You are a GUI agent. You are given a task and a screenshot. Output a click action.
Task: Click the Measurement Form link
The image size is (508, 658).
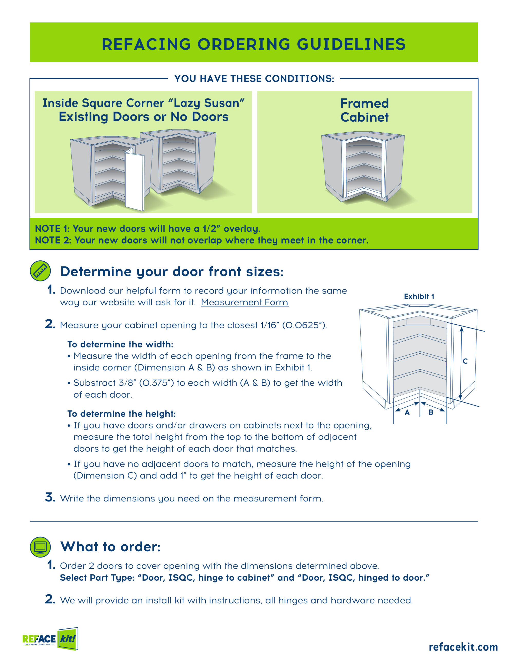click(x=244, y=302)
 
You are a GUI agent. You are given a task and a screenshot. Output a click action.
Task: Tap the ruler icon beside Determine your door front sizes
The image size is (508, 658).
click(x=40, y=271)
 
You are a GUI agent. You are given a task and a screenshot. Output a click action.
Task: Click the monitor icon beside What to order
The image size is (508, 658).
click(x=40, y=547)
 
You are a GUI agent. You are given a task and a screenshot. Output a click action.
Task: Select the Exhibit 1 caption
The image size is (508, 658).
click(x=419, y=296)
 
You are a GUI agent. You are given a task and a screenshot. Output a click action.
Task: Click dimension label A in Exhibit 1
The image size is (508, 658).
click(x=407, y=413)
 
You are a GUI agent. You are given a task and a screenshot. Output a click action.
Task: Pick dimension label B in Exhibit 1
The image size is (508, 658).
click(x=431, y=412)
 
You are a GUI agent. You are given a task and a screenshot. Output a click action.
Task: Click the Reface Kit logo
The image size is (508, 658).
click(x=50, y=638)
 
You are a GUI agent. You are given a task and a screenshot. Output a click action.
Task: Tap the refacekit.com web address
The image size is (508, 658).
click(x=463, y=646)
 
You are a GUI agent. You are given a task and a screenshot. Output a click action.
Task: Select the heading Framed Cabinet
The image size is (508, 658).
click(x=364, y=110)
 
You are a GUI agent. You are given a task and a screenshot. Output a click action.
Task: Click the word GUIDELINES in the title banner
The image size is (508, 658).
click(x=351, y=44)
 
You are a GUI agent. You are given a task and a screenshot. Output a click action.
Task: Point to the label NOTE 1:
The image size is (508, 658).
click(x=52, y=229)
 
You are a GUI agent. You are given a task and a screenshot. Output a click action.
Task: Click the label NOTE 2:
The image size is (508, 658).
click(x=53, y=240)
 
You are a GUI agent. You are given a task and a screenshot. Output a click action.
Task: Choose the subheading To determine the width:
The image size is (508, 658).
click(x=120, y=344)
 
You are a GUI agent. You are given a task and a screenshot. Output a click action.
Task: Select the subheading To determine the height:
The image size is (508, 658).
click(x=121, y=414)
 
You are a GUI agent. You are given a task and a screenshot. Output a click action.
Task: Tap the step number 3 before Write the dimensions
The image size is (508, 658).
click(x=50, y=497)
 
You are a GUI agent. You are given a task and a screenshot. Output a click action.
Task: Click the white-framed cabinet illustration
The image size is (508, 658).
click(x=363, y=166)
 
